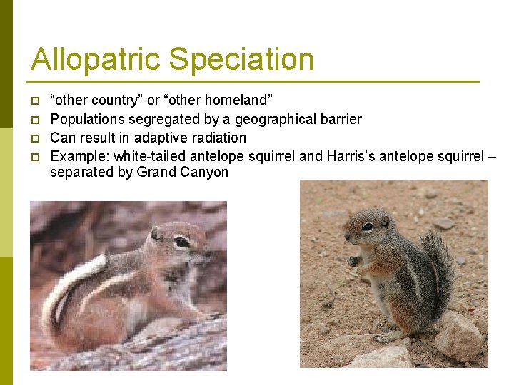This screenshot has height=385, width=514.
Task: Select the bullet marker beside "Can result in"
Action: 34,138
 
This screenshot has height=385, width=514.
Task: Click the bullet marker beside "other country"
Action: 34,101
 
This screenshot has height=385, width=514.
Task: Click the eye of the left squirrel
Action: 182,242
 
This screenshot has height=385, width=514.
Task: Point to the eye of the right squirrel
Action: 367,227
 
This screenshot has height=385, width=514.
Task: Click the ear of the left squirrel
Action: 156,233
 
